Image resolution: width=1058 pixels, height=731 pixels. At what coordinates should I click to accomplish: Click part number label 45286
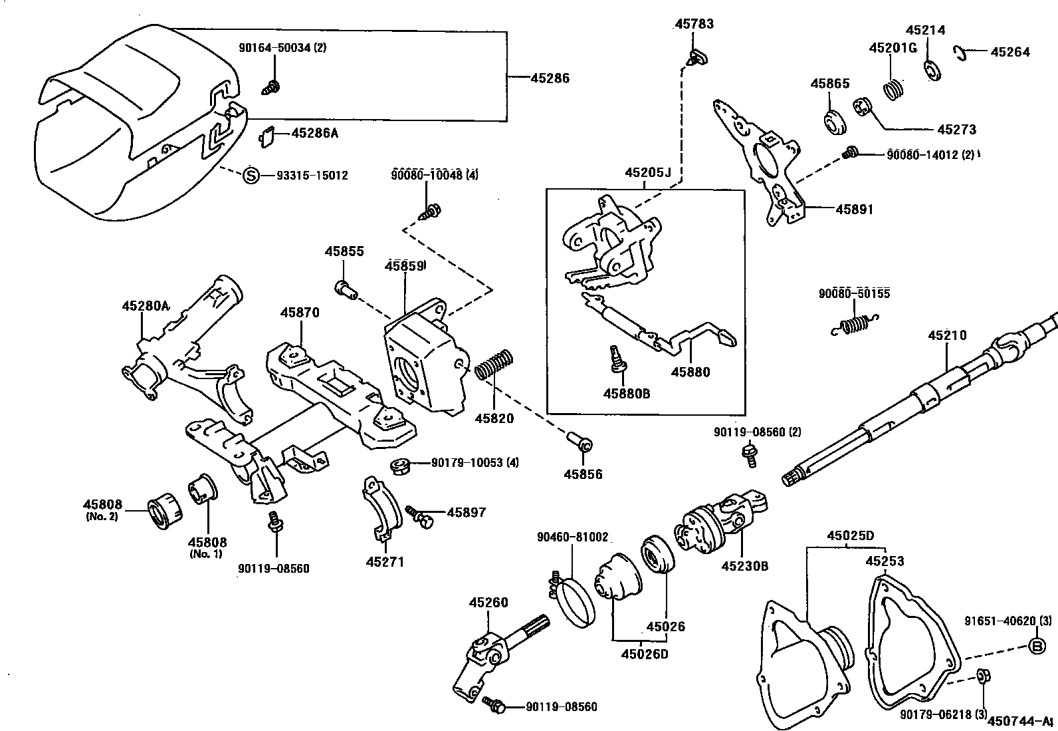point(550,78)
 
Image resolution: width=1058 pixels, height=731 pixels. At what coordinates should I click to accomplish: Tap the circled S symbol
point(251,176)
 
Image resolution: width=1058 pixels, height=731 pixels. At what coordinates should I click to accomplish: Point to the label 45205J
point(648,173)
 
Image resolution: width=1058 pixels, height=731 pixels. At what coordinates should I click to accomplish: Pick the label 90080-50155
point(854,293)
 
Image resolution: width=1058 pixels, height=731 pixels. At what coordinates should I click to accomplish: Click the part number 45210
point(947,335)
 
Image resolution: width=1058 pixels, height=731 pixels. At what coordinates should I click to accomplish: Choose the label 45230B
point(745,566)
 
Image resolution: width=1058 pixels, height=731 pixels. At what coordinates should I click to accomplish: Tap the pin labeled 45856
point(580,442)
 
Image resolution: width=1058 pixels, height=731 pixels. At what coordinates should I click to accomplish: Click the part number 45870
point(300,312)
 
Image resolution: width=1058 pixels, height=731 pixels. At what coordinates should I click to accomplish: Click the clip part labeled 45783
point(696,57)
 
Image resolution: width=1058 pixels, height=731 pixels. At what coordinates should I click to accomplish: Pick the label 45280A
point(146,306)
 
